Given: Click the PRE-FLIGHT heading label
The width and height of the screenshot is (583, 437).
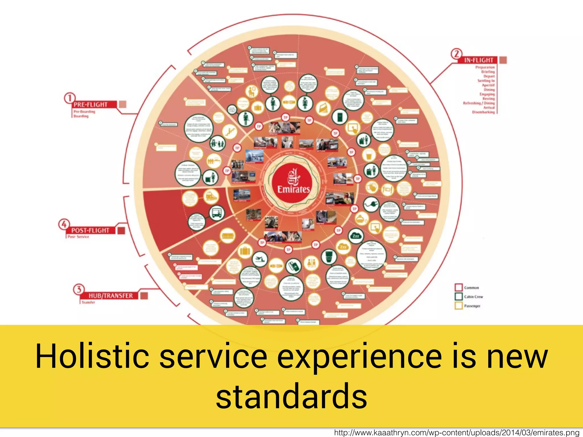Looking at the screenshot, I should point(91,105).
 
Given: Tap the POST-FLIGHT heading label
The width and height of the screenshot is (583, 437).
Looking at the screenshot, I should point(90,230).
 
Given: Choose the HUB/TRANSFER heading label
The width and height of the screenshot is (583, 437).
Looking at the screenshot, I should point(110,296).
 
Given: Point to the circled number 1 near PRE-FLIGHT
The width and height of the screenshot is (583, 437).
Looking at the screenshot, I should point(69,98).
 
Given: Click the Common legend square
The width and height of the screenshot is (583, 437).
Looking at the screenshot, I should point(458,287).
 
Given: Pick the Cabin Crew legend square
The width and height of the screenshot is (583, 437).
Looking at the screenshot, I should point(458,296).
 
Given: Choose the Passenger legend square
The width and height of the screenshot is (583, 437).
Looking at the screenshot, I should point(458,306).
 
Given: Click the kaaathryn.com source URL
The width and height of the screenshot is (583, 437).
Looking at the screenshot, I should point(457,433).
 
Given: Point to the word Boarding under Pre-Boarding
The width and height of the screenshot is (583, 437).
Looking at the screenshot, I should point(81,116).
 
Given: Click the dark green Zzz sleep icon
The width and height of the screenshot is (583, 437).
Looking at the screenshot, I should point(356,236).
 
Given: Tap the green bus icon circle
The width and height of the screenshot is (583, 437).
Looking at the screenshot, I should point(217,213).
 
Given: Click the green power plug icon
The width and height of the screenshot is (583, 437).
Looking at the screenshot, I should point(371,204).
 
